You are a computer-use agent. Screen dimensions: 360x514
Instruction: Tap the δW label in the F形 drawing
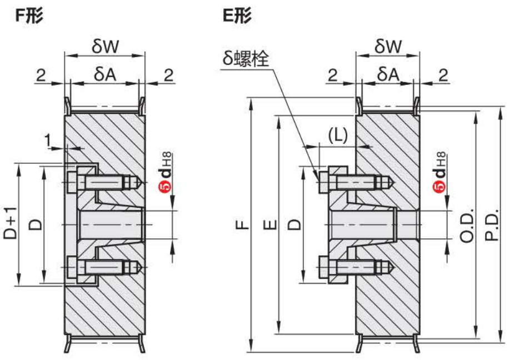(105, 47)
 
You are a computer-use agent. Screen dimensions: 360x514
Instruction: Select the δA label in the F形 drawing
(104, 74)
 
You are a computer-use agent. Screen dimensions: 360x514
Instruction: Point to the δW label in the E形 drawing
(388, 47)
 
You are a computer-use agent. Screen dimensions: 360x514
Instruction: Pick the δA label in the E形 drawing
(388, 74)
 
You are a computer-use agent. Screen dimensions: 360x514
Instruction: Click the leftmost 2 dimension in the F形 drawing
(41, 75)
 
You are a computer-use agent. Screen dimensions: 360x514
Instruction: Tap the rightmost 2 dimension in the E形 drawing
(443, 75)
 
